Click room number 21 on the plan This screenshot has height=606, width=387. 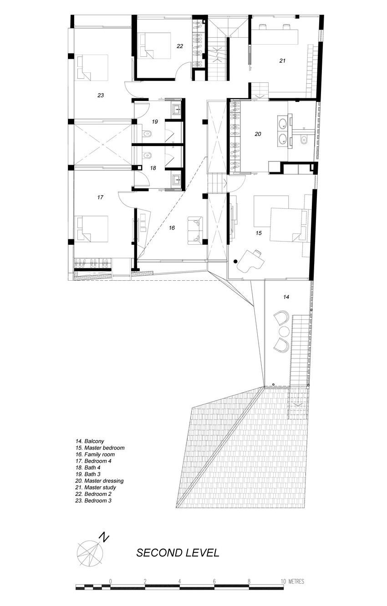tap(282, 60)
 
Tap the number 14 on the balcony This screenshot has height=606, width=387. tap(286, 297)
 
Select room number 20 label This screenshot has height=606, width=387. tap(258, 134)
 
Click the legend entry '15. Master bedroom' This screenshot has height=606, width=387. tap(100, 448)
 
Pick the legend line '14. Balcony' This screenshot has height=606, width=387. tap(90, 441)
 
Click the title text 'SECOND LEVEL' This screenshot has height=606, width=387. tap(178, 553)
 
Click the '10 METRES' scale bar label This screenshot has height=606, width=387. tap(293, 581)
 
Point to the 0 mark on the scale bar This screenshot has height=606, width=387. tap(111, 581)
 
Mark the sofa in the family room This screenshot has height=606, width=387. tap(195, 230)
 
